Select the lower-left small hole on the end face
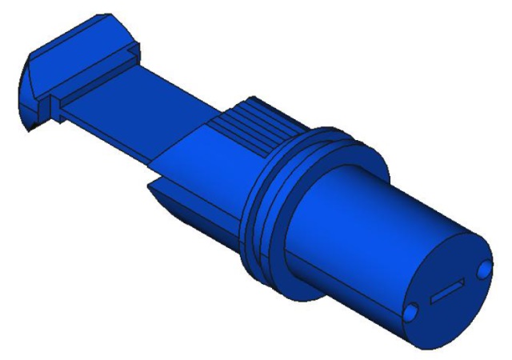coord(410,313)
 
